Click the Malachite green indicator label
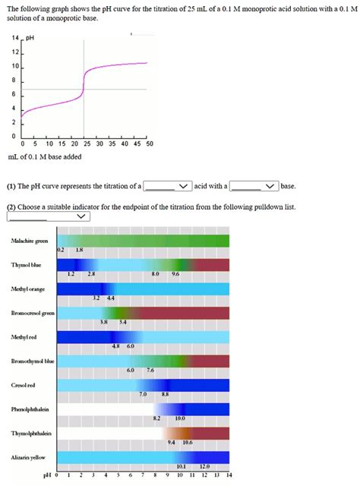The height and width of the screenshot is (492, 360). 30,241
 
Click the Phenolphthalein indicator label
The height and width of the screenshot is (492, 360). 30,409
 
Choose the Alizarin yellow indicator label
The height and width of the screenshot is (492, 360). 28,458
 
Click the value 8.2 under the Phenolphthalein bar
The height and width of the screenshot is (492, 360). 156,418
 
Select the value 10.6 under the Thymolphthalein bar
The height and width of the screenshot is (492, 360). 187,442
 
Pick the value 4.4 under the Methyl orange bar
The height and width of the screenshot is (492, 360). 110,298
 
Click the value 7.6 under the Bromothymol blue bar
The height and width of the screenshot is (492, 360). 150,370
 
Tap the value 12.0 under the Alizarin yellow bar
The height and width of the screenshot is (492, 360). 204,466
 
